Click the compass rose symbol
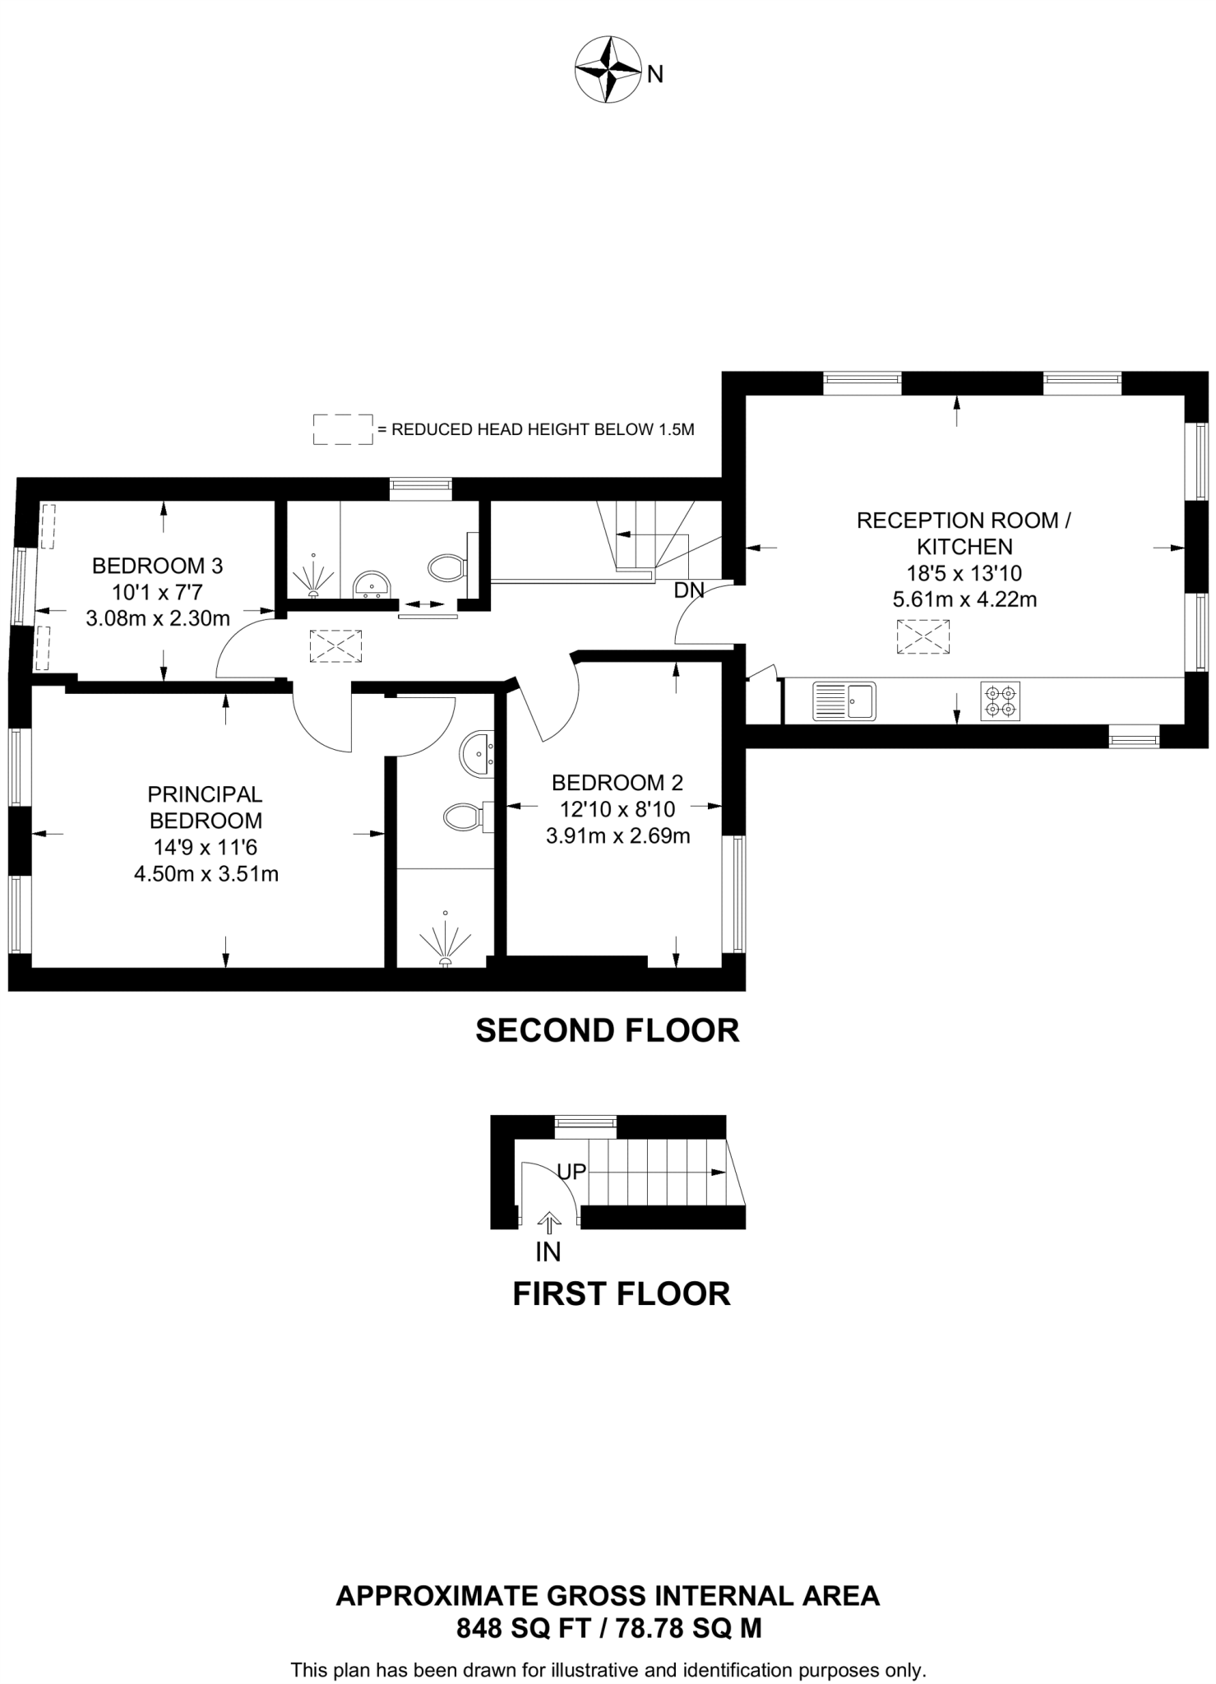608,69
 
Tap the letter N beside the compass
654,75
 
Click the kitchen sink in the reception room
844,701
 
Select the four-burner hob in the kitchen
1001,701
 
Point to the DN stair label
688,590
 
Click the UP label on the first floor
571,1171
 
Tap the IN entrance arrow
548,1223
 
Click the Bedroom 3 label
157,566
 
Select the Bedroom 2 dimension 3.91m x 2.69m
617,836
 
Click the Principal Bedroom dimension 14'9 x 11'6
206,847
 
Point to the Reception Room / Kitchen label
964,533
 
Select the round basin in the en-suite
477,752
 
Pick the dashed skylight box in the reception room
922,637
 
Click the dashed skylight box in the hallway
335,646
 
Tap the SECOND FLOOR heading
608,1031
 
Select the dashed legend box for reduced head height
343,429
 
